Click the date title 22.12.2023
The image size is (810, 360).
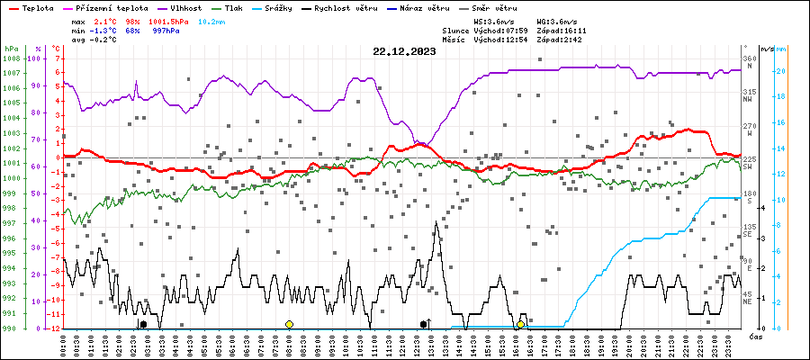click(404, 51)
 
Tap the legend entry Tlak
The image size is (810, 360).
click(232, 6)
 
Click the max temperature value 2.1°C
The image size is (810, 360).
click(104, 21)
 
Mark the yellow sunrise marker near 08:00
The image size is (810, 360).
click(289, 324)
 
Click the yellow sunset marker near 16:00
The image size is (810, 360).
click(520, 324)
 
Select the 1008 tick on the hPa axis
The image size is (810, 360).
click(12, 58)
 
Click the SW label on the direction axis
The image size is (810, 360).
click(748, 166)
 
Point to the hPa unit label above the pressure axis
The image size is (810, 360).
click(11, 48)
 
